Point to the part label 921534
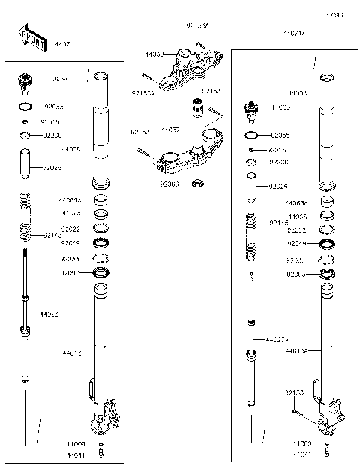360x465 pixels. pos(143,94)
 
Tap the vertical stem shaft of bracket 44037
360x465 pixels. pos(197,120)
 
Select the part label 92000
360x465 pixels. pos(169,183)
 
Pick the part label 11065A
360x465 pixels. pos(56,78)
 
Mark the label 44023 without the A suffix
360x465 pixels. pos(70,313)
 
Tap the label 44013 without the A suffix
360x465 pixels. pos(72,351)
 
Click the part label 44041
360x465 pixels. pos(75,455)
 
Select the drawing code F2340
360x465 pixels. pos(334,14)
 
